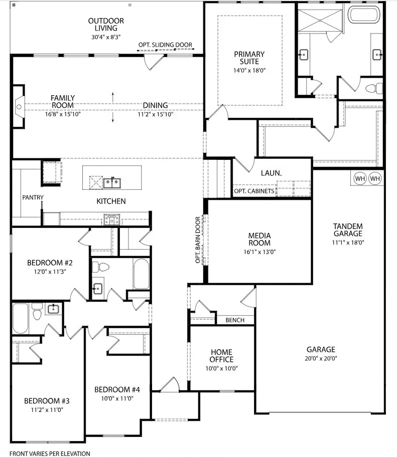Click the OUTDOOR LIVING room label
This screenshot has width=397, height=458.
(x=106, y=25)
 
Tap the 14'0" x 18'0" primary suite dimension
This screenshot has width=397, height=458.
(x=249, y=71)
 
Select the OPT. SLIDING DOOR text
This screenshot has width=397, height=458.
(x=165, y=45)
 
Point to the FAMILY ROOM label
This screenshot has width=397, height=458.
(x=63, y=102)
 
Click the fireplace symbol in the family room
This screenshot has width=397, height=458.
(x=19, y=106)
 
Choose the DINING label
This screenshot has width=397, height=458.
(x=155, y=106)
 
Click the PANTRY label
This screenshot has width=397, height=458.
(x=33, y=197)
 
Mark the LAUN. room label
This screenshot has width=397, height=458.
(x=271, y=173)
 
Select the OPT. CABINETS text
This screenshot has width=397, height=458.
(x=254, y=191)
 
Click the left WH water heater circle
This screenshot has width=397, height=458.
(x=360, y=178)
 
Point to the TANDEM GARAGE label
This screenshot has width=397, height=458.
(x=348, y=230)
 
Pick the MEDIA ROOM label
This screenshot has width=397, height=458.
(x=259, y=240)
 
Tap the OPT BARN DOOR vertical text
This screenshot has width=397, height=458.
(x=198, y=240)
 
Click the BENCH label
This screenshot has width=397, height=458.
(x=235, y=320)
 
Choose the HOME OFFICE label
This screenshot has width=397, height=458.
(x=221, y=356)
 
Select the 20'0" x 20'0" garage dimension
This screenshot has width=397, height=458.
(x=322, y=358)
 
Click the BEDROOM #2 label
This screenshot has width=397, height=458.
(x=50, y=263)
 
